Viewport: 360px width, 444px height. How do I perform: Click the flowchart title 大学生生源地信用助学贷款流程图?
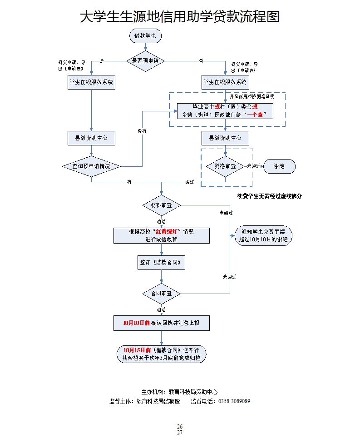click(x=179, y=17)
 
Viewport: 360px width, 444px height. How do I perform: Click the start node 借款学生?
click(x=145, y=36)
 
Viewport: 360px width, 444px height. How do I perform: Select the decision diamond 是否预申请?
click(x=145, y=60)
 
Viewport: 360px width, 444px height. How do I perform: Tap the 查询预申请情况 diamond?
click(x=91, y=166)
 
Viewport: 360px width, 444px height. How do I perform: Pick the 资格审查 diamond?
click(x=225, y=166)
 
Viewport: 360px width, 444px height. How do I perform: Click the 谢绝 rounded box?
click(x=279, y=166)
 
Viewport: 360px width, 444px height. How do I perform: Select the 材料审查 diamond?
click(x=161, y=205)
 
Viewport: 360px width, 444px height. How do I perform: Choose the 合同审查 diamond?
click(x=161, y=294)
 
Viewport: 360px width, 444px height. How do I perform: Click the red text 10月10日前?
click(x=137, y=323)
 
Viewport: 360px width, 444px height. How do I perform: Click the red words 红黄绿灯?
click(x=167, y=231)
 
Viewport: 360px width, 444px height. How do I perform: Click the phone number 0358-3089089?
click(x=234, y=401)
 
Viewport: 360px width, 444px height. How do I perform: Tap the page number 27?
click(x=180, y=433)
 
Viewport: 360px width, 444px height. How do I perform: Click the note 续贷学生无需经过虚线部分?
click(x=270, y=196)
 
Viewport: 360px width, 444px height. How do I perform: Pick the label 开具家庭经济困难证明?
click(x=252, y=97)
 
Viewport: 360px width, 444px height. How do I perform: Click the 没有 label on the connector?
click(x=142, y=131)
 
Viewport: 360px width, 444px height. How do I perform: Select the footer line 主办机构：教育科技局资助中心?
click(x=180, y=392)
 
